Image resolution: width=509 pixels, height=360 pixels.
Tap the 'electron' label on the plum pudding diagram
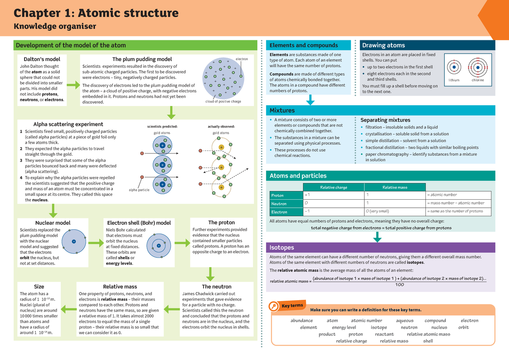point(242,59)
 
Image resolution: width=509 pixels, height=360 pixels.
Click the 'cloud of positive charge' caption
point(223,102)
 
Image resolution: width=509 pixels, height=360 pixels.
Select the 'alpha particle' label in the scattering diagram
point(139,190)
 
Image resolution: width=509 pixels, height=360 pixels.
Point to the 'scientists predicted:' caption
point(162,126)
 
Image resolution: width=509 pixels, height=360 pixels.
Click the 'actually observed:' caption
point(221,126)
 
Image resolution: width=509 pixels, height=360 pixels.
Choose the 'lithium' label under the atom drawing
point(454,80)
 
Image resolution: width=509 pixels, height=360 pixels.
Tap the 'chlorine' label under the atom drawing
point(478,80)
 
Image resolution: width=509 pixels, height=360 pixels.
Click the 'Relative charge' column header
point(334,187)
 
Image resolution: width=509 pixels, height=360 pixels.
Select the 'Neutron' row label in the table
point(279,204)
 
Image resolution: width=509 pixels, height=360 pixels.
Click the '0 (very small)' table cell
point(378,211)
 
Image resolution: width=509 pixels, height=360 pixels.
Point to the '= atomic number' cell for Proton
point(442,195)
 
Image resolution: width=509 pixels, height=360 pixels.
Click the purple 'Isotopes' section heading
point(282,248)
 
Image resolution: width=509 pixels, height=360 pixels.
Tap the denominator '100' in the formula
point(399,285)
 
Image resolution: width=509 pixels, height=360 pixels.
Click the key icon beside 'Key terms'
point(274,307)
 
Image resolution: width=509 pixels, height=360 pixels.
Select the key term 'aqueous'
point(405,321)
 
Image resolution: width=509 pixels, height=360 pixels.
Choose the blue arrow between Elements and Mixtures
point(310,100)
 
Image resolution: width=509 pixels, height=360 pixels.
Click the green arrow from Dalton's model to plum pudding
point(73,85)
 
